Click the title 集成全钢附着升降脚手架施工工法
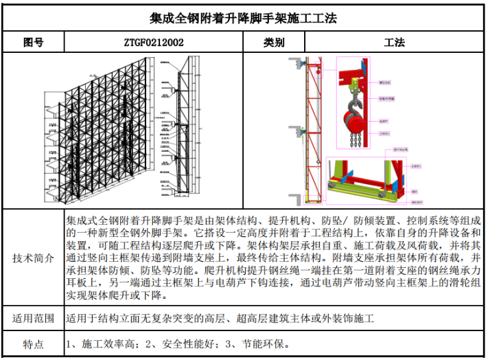(244, 17)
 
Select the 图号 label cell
(34, 43)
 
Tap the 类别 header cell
(274, 43)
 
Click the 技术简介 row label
(34, 259)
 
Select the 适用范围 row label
(34, 319)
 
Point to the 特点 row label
(34, 344)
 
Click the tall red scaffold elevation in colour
(313, 131)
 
